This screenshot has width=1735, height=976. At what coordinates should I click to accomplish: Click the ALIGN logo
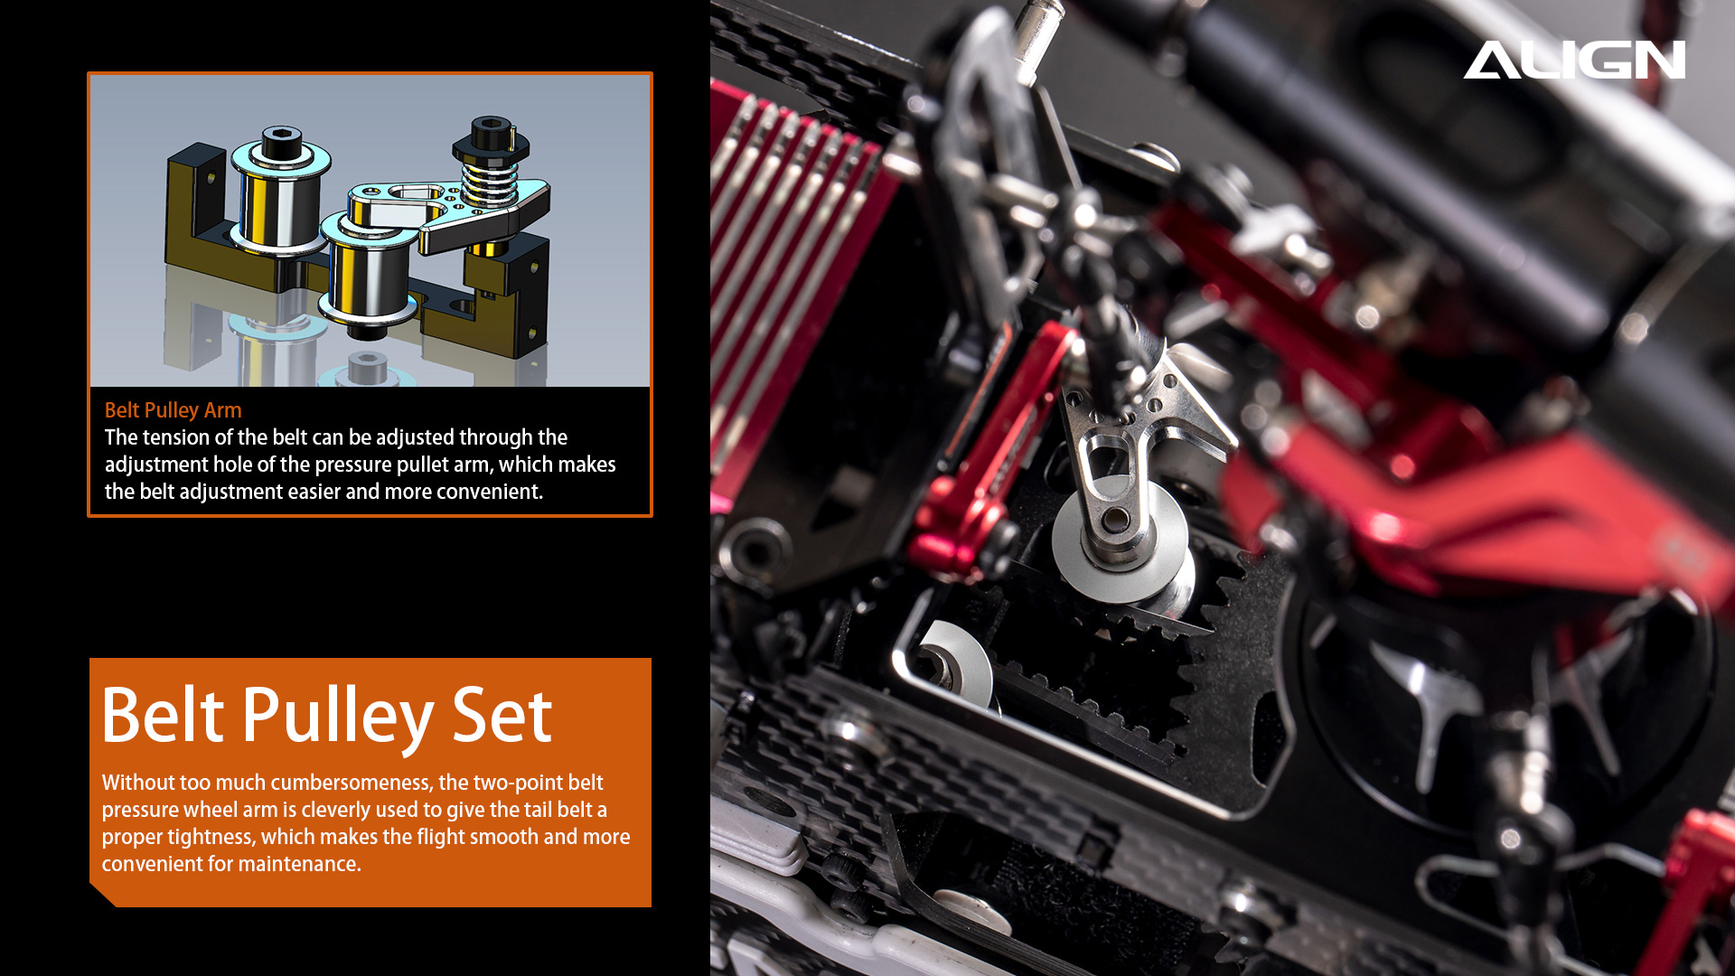click(1574, 60)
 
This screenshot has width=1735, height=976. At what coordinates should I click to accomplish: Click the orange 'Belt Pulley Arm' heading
click(173, 410)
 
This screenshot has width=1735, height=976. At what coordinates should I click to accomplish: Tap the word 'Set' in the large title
click(502, 716)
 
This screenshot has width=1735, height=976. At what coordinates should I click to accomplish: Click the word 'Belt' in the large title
click(163, 715)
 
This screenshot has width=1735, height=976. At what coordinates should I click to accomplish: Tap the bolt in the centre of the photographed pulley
click(1115, 521)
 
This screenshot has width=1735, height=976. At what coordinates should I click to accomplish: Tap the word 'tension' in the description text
click(173, 437)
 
